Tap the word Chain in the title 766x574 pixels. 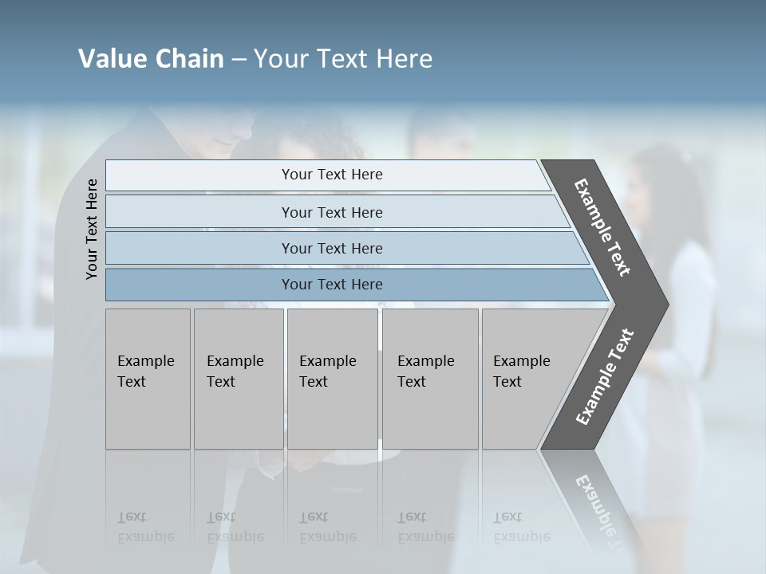tap(189, 59)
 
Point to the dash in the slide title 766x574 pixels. tap(239, 60)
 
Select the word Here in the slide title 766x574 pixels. tap(404, 59)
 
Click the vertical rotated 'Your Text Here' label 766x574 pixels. tap(92, 229)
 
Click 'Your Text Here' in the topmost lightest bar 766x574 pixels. tap(332, 175)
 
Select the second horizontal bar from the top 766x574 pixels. tap(332, 212)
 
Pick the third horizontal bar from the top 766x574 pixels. tap(332, 248)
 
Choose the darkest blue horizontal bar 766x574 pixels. tap(332, 285)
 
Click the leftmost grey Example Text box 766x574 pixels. tap(148, 379)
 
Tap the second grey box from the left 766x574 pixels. tap(239, 379)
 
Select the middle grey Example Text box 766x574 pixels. tap(332, 379)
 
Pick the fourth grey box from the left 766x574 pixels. tap(430, 379)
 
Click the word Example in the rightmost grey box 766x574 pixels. tap(521, 361)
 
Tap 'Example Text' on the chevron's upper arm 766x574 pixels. tap(602, 227)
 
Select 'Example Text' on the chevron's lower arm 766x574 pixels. tap(604, 376)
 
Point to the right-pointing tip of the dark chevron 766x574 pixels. tap(664, 305)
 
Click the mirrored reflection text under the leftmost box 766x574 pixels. tap(146, 527)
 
